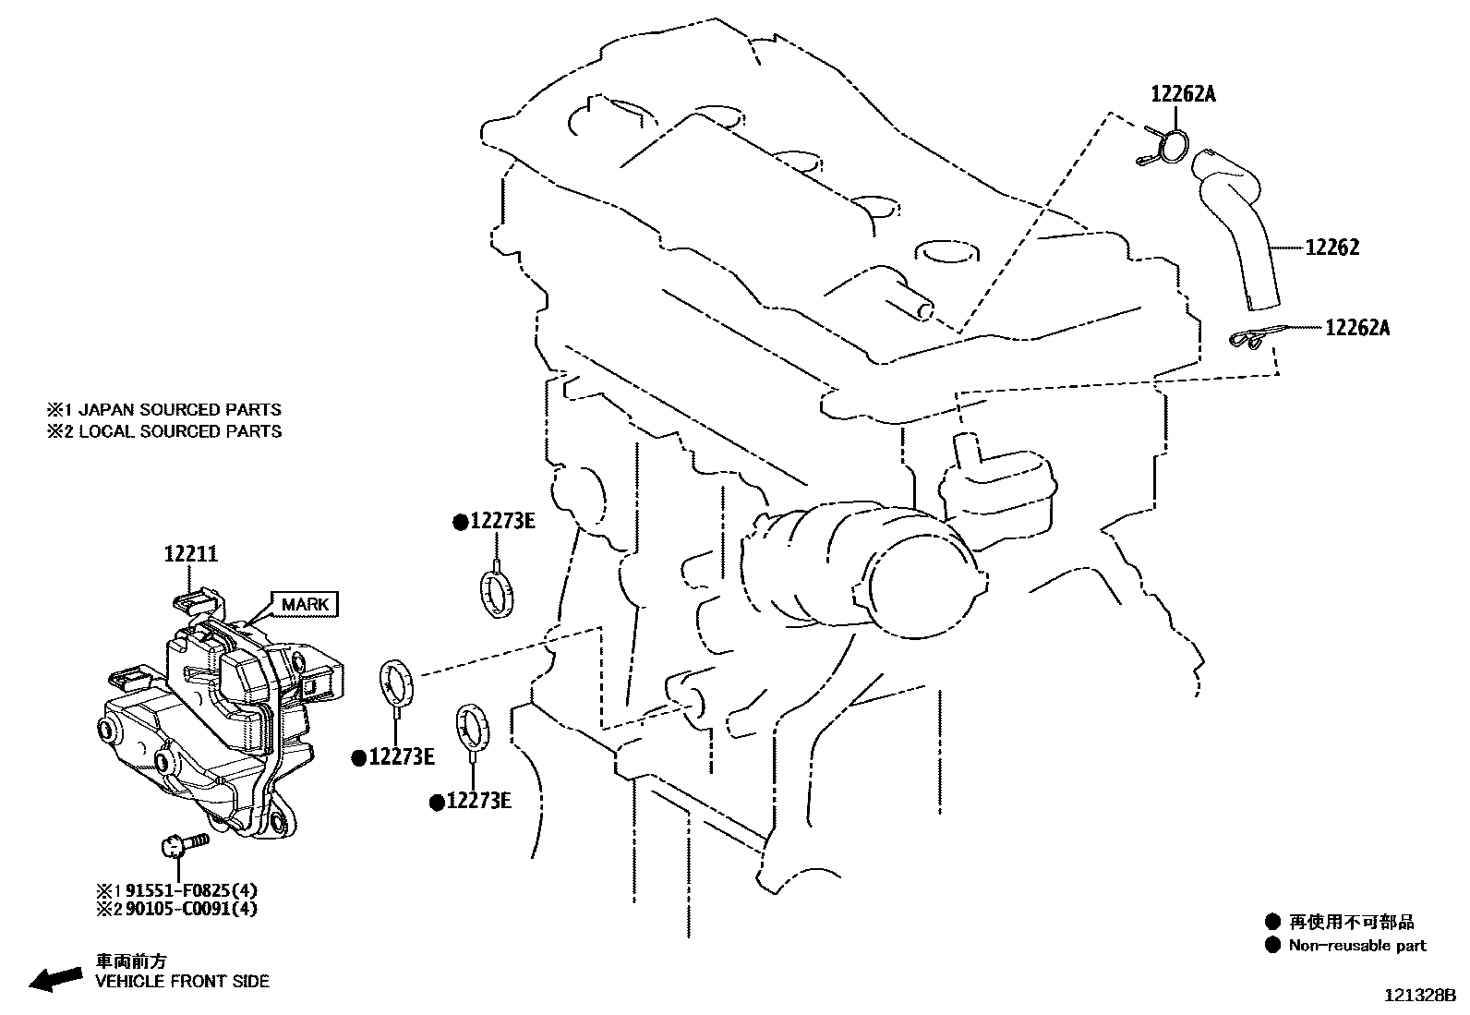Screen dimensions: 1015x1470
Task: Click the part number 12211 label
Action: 191,554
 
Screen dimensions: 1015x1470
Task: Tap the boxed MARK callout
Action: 305,605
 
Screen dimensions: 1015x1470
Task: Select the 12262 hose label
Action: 1331,248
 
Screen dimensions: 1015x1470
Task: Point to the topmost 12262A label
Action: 1183,93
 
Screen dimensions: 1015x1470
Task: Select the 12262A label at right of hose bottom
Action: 1356,327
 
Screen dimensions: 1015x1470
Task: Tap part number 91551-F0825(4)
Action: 191,891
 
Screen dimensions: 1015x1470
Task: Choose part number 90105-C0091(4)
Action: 191,909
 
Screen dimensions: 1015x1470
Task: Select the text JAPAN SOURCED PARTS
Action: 180,409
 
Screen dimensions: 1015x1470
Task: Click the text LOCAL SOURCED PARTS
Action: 180,431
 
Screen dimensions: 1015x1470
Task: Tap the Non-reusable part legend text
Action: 1356,946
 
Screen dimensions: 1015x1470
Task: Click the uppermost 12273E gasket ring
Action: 498,592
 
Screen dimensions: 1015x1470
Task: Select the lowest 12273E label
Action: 477,802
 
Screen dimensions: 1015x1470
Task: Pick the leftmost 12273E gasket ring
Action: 397,683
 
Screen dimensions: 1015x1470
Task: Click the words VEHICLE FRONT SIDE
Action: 182,981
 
